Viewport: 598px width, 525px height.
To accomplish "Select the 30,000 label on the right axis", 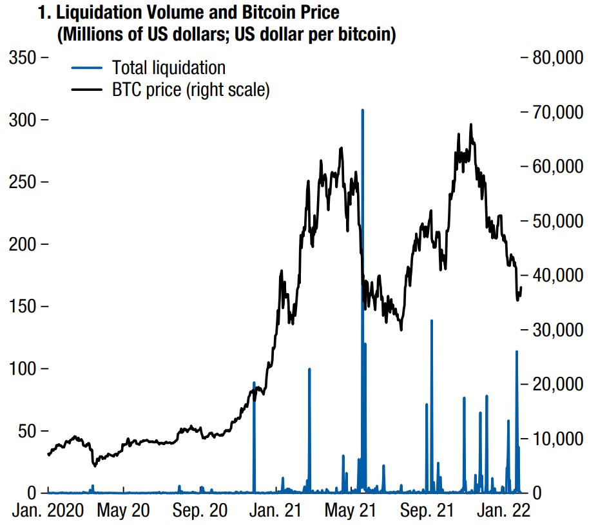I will pos(556,330).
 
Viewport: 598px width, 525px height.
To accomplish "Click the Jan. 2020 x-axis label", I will pos(48,511).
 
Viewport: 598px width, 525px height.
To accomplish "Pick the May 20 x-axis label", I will pos(123,511).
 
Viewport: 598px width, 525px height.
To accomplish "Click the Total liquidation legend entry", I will pos(168,68).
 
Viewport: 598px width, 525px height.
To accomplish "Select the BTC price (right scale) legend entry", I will pos(190,90).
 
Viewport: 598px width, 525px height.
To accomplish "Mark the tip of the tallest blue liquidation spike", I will pos(363,110).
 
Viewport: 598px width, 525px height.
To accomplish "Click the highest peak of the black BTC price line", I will pos(471,124).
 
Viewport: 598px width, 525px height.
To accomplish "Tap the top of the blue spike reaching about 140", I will pos(432,320).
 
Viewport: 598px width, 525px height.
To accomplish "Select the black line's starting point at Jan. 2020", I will pos(48,455).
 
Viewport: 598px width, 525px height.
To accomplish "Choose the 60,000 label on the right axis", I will pos(556,167).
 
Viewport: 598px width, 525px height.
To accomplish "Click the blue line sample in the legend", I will pos(86,68).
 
